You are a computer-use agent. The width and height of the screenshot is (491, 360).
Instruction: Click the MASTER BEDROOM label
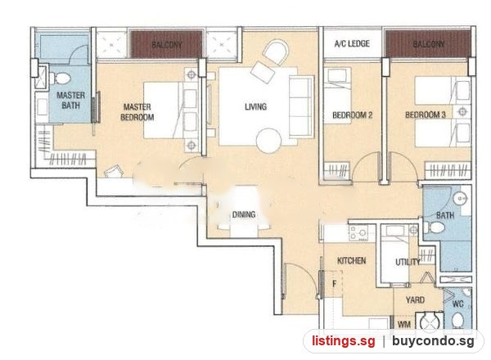click(x=137, y=112)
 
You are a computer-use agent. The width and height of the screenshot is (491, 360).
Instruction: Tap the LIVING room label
click(x=256, y=106)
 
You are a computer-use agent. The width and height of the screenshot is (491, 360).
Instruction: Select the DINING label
click(x=244, y=214)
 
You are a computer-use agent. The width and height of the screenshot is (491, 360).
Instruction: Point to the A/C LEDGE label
click(x=352, y=43)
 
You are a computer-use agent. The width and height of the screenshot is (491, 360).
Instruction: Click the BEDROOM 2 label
click(x=352, y=115)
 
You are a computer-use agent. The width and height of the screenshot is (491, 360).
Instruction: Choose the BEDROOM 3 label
click(x=426, y=115)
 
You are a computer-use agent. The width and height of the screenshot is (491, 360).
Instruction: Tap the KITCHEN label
click(x=351, y=260)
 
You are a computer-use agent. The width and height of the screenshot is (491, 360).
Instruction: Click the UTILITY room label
click(x=408, y=262)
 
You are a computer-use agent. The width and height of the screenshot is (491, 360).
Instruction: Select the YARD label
click(x=415, y=300)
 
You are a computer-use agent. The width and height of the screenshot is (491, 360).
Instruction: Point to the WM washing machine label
click(x=404, y=324)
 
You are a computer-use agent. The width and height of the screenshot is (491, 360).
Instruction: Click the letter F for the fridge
click(x=335, y=284)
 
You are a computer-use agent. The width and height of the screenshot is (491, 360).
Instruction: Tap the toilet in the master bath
click(x=60, y=79)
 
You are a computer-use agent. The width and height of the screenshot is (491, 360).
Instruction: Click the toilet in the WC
click(x=458, y=320)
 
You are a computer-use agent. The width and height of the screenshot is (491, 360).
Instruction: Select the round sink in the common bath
click(x=461, y=198)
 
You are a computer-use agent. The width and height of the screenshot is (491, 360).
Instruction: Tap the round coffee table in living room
click(x=268, y=141)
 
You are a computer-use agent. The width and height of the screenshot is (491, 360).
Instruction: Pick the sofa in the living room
click(x=301, y=106)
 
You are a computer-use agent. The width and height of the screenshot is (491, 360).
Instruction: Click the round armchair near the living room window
click(x=276, y=52)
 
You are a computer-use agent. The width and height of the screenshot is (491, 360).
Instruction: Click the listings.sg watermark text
click(x=343, y=341)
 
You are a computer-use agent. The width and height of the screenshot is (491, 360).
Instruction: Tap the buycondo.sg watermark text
click(x=433, y=341)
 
